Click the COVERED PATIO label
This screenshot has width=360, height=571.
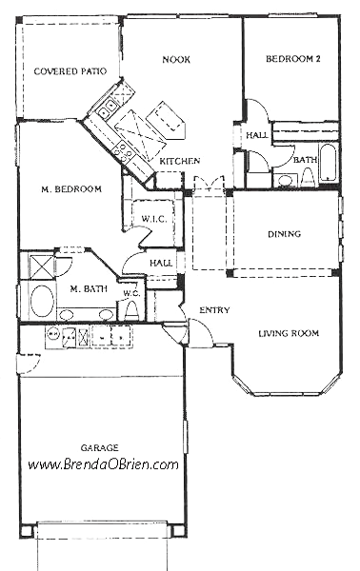(x=69, y=71)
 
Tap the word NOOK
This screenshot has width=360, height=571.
(x=175, y=60)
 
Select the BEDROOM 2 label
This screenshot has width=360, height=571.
(x=293, y=59)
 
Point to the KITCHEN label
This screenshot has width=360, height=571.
(x=179, y=161)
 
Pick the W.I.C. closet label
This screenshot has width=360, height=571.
(x=154, y=219)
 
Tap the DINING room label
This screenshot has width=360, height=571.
(x=285, y=233)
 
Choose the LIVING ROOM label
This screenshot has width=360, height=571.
(x=289, y=332)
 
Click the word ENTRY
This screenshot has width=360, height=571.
(x=213, y=310)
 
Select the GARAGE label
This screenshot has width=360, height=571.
(x=100, y=445)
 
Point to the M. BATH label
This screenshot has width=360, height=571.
(x=88, y=288)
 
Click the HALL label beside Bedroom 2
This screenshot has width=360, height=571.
(x=257, y=135)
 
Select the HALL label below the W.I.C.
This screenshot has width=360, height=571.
(x=161, y=263)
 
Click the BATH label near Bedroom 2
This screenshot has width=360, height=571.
(x=305, y=159)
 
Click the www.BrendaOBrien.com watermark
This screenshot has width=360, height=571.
(x=103, y=465)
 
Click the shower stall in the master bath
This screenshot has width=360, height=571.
(x=40, y=265)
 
